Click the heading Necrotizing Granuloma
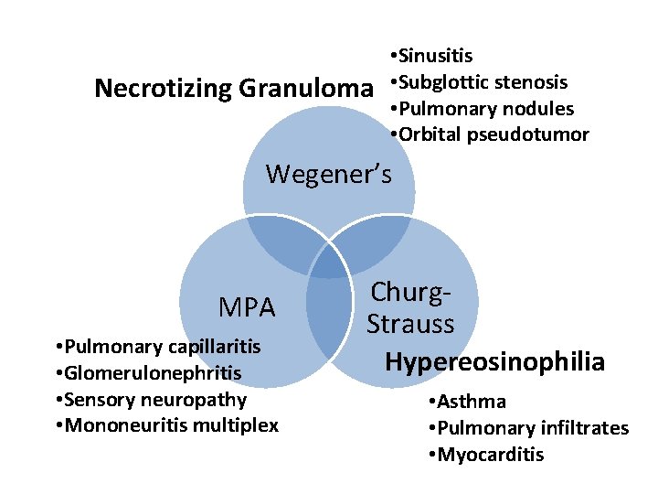coord(234,89)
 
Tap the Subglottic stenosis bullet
coord(478,82)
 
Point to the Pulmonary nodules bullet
coord(482,109)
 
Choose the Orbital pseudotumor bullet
coord(489,135)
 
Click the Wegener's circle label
coord(328,173)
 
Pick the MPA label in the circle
coord(247,308)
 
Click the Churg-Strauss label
coord(410,308)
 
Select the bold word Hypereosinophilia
coord(494,361)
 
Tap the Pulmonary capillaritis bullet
coord(157,347)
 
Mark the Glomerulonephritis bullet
coord(147,373)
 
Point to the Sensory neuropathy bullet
coord(150,400)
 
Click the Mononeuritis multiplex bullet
coord(166,426)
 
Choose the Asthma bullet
coord(466,402)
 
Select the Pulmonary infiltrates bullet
coord(528,428)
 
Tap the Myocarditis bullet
coord(485,455)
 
